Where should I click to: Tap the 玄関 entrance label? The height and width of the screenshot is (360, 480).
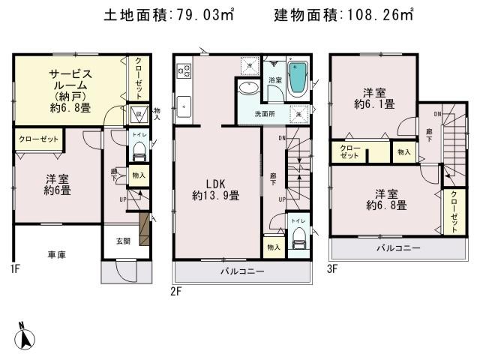122,241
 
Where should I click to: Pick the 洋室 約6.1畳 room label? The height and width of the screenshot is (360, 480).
374,98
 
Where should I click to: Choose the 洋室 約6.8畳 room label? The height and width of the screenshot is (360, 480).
386,198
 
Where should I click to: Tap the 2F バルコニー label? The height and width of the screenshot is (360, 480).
241,271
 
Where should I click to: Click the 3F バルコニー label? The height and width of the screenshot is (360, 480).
397,247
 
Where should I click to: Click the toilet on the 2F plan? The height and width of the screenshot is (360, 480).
299,240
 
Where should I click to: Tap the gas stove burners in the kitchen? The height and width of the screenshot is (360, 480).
184,72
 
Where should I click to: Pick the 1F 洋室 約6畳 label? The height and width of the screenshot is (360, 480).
56,185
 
